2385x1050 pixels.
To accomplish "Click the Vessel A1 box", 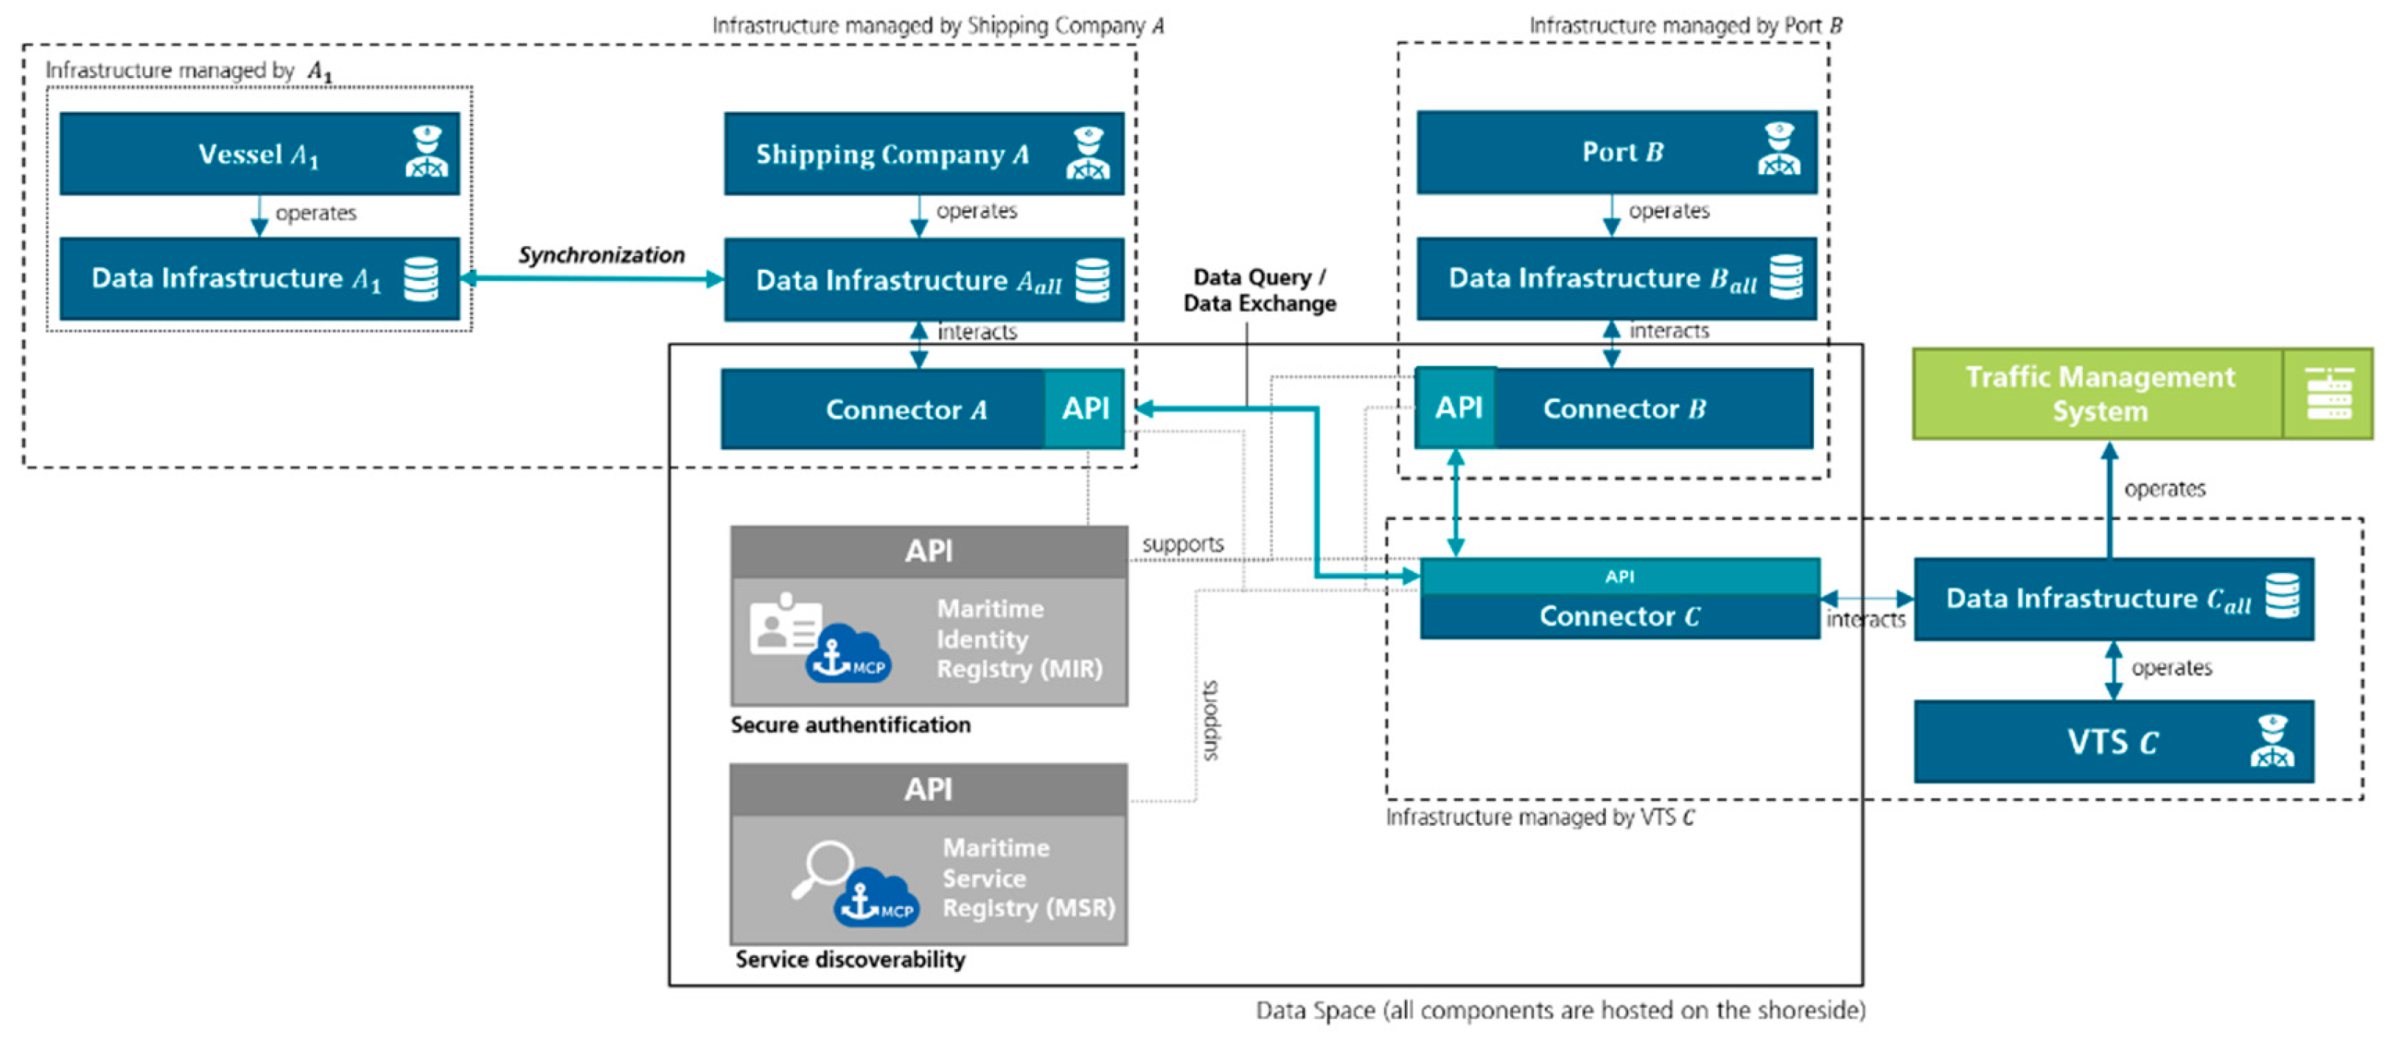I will [x=259, y=153].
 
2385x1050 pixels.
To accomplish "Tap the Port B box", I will [x=1616, y=152].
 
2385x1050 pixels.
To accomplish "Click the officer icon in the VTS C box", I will [x=2272, y=742].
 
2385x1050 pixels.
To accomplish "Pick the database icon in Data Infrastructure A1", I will [x=422, y=279].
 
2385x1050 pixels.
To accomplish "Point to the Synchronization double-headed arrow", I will [x=593, y=278].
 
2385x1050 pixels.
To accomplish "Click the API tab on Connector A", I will [x=1084, y=408].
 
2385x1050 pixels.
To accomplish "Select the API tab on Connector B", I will [x=1457, y=408].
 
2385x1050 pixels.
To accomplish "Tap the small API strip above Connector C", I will [x=1619, y=576].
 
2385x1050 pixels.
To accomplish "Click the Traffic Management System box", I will [x=2098, y=394].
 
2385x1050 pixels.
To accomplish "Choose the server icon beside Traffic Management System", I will [x=2328, y=394].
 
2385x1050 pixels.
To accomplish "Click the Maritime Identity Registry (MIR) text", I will [x=1019, y=639].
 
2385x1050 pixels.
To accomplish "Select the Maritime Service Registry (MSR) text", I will [x=1027, y=877].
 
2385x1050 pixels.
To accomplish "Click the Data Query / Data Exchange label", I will [x=1259, y=290].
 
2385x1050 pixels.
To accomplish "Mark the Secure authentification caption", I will [x=850, y=725].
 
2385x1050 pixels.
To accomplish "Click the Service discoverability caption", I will [x=850, y=959].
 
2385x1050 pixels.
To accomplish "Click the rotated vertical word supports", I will [x=1210, y=720].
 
